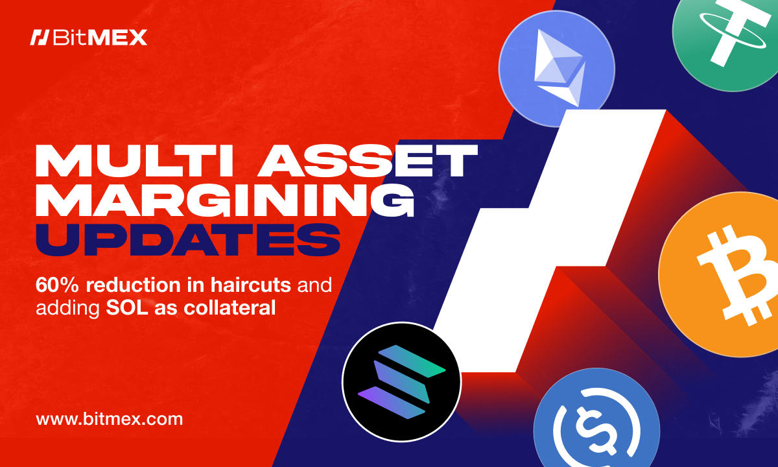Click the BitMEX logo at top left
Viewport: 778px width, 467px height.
[x=89, y=38]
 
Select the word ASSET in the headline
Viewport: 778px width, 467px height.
[x=368, y=162]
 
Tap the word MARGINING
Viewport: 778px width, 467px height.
[x=225, y=200]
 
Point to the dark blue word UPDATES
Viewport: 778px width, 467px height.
[x=188, y=240]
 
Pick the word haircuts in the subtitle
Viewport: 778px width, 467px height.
[x=250, y=285]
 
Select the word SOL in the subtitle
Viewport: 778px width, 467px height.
[x=127, y=307]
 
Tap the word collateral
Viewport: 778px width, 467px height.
[x=230, y=307]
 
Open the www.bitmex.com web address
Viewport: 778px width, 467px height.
[x=110, y=419]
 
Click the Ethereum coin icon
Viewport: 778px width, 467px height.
[x=557, y=69]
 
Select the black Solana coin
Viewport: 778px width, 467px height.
[x=401, y=382]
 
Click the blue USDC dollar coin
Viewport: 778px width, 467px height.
[x=596, y=420]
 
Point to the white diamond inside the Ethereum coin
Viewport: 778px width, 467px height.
[x=558, y=67]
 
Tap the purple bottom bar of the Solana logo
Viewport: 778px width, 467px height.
[x=392, y=403]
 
